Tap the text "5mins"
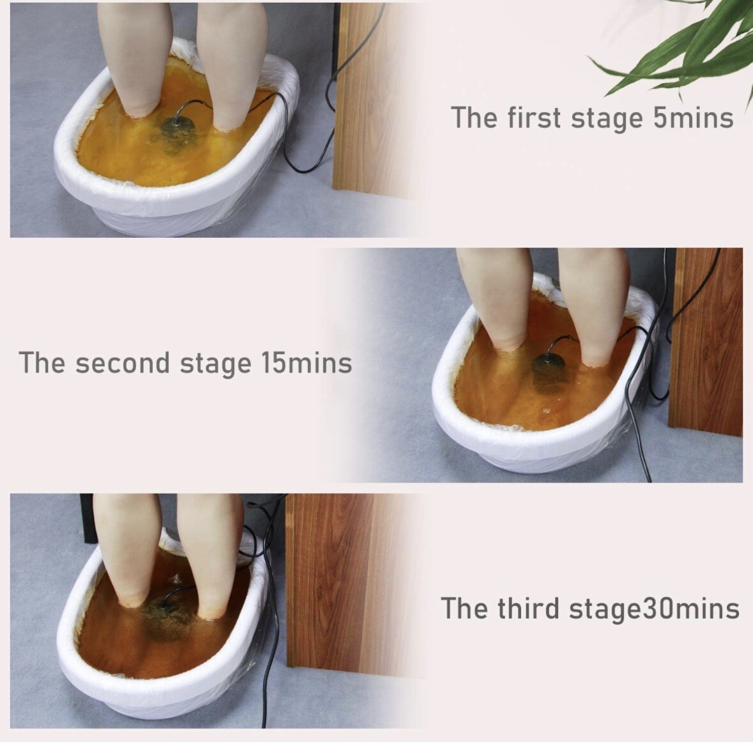693,118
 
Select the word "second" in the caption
123,362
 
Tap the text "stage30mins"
654,608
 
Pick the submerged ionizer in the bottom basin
166,617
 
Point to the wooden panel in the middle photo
705,341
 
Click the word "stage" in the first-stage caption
607,119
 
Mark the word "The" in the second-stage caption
41,362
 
